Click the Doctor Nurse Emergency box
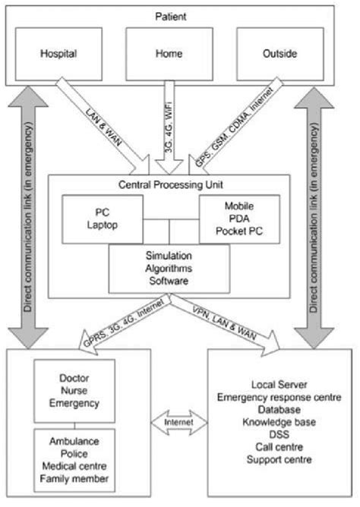(x=74, y=392)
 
